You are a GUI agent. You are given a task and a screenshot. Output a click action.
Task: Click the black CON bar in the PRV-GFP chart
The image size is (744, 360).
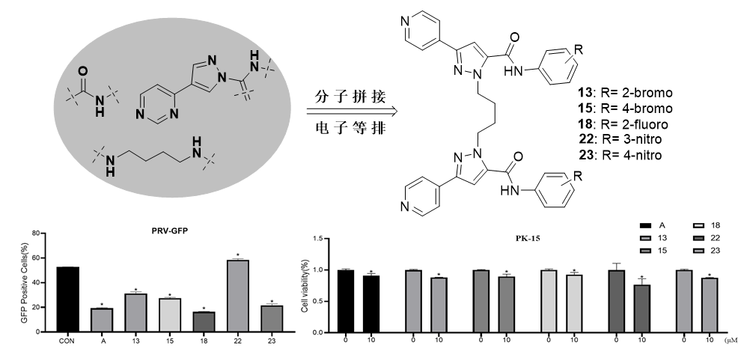coord(68,299)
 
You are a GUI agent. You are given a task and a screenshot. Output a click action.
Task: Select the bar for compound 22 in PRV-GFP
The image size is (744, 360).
coord(237,296)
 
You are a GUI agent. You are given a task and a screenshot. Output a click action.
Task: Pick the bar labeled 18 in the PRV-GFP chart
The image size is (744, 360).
coord(204,322)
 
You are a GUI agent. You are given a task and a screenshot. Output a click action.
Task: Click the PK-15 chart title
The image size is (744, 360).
coord(528,239)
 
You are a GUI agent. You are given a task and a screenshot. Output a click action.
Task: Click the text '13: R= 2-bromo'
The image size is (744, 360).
coord(625,93)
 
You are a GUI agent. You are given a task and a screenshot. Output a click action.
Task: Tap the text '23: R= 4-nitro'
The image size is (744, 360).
coord(620,155)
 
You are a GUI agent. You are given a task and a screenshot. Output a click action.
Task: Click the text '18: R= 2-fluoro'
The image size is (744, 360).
coord(623,123)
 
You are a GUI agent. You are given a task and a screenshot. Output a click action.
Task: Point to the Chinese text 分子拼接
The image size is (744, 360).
coord(350,97)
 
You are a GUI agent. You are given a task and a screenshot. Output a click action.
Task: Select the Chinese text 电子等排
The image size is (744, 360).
coord(350,127)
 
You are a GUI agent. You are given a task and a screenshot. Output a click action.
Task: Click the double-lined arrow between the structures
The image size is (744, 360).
coord(352,112)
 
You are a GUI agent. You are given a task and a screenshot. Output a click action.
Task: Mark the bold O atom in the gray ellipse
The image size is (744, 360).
coord(82,72)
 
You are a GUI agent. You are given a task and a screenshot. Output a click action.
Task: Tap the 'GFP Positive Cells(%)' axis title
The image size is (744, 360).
coord(25,283)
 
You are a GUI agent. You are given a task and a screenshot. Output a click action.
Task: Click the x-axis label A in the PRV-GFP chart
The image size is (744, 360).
coord(102,341)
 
